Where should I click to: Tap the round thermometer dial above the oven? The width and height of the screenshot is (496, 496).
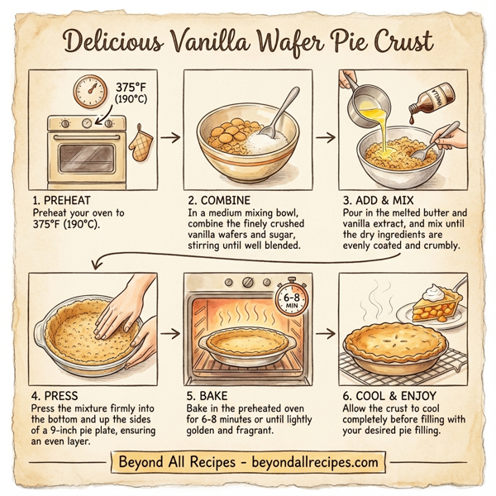tap(89, 92)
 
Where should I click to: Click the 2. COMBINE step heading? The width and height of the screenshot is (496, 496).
tap(219, 199)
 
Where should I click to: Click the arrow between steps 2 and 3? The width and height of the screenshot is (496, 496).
tap(326, 136)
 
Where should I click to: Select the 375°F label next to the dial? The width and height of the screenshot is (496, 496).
tap(133, 88)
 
